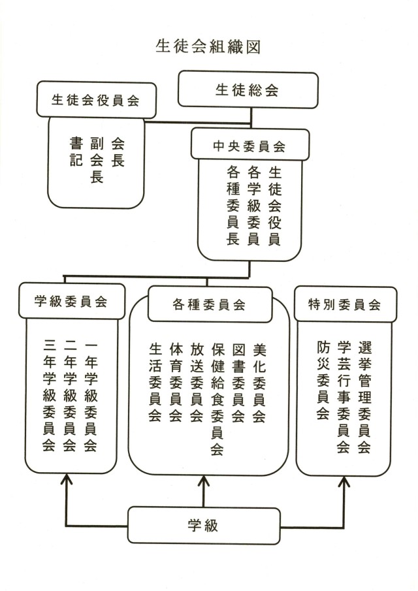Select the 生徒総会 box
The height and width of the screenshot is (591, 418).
click(x=247, y=90)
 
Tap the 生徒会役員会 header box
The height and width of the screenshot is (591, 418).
click(x=96, y=100)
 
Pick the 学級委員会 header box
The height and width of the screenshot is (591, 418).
click(x=71, y=302)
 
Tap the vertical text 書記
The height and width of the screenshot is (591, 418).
click(x=76, y=151)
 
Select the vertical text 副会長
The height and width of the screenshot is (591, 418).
click(x=97, y=159)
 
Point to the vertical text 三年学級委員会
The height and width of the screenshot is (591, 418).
click(x=48, y=396)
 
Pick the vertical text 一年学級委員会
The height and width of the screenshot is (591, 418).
click(x=91, y=396)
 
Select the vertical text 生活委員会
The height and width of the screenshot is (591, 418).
click(x=155, y=382)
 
